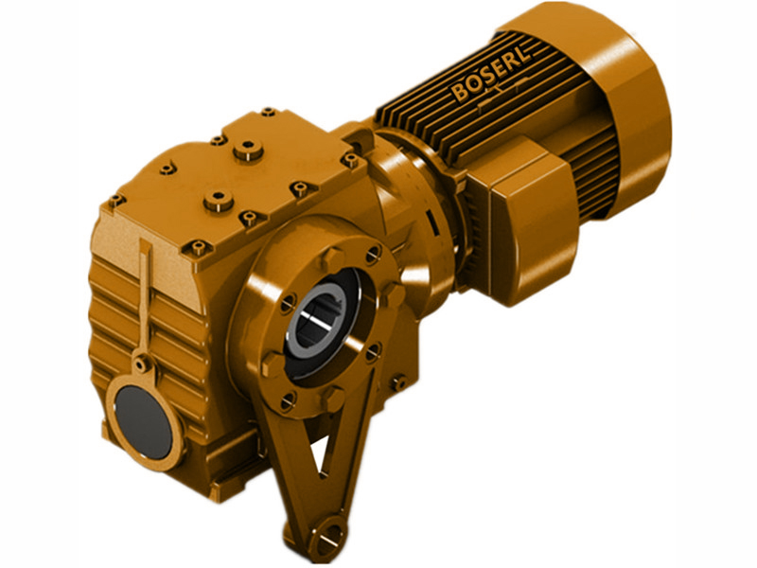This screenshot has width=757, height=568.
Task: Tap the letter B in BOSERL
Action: pos(460,94)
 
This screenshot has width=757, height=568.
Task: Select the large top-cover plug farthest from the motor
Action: pos(220,200)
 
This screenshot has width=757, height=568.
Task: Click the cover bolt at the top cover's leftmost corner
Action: pos(116,201)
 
